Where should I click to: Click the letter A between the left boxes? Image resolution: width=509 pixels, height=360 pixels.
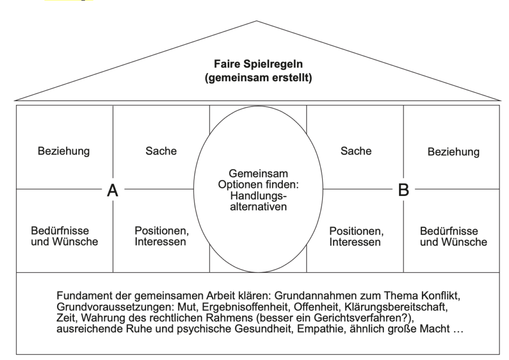pos(113,190)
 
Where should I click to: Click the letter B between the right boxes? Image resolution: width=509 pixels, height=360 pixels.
pos(403,190)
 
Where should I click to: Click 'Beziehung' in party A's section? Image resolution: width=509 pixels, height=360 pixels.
pos(64,151)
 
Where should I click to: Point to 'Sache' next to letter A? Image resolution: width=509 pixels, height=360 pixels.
pos(161,151)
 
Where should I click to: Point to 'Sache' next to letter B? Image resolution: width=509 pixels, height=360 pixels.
pos(356,151)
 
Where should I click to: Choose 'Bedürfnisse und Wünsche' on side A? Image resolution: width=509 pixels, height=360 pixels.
pos(64,237)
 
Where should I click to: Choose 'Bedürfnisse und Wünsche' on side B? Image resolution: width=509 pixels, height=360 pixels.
pos(453,237)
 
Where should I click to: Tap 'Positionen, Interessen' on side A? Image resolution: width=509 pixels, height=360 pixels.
pos(161,237)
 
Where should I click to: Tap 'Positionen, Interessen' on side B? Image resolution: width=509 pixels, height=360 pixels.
pos(356,237)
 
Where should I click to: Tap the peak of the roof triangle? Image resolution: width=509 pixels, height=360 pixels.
pos(256,21)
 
